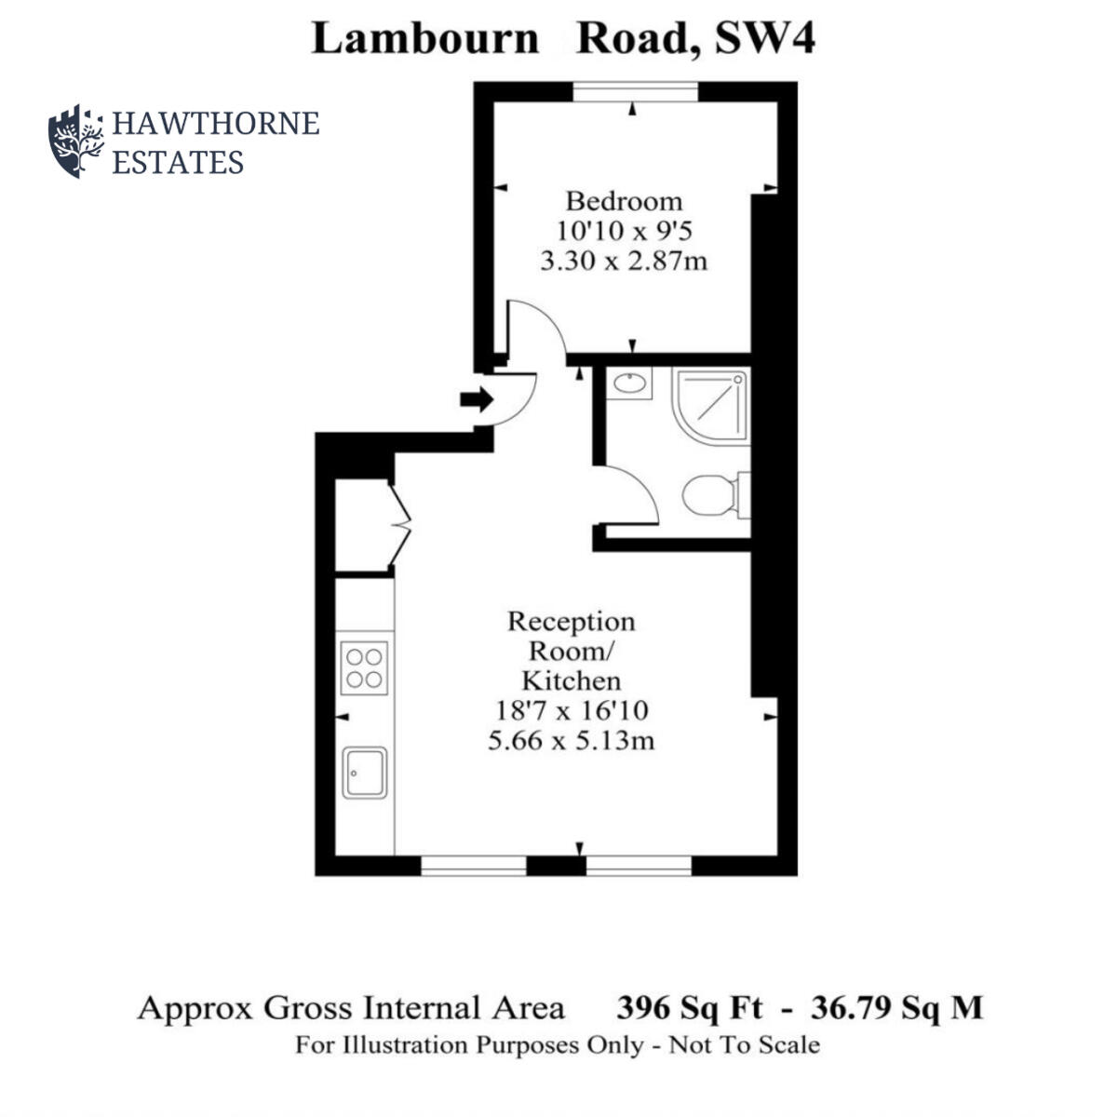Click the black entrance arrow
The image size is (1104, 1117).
coord(477,399)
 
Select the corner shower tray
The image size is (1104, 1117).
coord(712,405)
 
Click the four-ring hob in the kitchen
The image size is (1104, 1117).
coord(364,666)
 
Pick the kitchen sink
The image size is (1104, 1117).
coord(364,772)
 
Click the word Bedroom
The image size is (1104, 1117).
coord(624,201)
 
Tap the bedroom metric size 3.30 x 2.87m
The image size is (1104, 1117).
coord(624,261)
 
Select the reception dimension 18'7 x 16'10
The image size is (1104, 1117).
coord(572,711)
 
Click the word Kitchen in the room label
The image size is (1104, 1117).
coord(571,680)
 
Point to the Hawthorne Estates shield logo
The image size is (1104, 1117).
coord(75,141)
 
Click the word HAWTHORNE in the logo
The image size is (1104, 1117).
coord(215,123)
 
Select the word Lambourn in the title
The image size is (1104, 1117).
coord(424,39)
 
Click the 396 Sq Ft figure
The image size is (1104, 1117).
coord(689,1008)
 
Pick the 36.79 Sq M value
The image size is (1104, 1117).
coord(896,1008)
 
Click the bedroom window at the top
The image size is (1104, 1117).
coord(634,91)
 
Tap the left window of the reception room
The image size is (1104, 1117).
coord(474,866)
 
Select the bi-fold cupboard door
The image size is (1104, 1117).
coord(401,525)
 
